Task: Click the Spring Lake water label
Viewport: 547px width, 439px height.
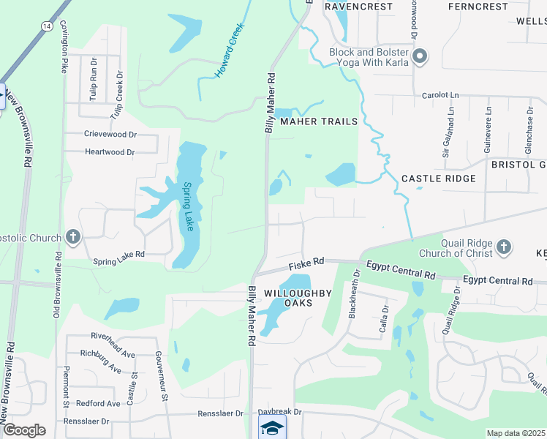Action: [188, 206]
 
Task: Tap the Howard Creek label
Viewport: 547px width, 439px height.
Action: [228, 51]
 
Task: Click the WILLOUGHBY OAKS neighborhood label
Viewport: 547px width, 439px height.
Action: [298, 298]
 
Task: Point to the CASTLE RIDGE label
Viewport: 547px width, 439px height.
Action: [439, 179]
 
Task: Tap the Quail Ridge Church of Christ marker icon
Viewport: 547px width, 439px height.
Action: [503, 247]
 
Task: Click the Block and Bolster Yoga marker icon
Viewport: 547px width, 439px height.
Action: [420, 56]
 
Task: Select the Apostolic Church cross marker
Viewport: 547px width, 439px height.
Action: [72, 237]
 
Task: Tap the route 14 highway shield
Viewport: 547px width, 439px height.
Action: [47, 26]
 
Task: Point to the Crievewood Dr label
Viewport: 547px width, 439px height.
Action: [110, 135]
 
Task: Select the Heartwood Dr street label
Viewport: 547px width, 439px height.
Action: [110, 152]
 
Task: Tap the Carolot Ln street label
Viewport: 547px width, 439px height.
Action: [440, 95]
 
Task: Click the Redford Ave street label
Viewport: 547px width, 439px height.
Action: [98, 403]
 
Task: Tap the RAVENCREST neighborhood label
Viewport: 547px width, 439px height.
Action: [354, 6]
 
